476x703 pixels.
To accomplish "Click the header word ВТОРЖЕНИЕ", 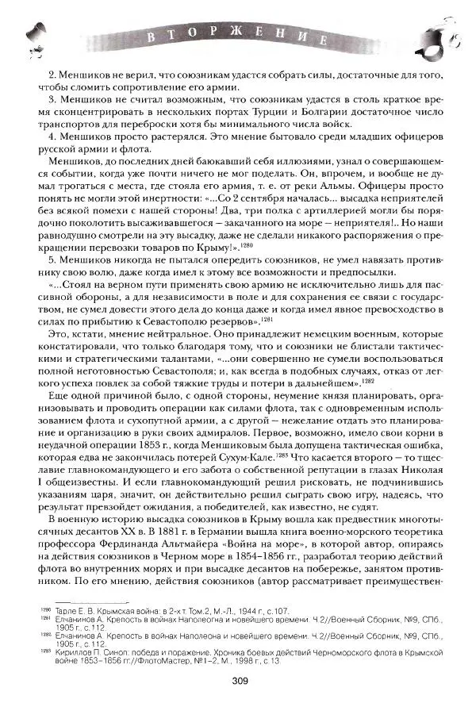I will pyautogui.click(x=237, y=36).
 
